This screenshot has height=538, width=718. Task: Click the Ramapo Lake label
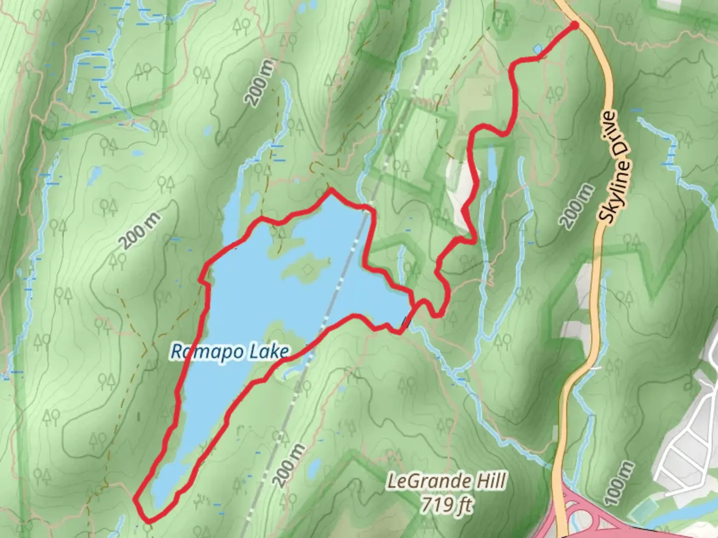(x=229, y=352)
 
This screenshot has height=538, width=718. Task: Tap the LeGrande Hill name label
(x=446, y=482)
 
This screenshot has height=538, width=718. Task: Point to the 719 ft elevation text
(x=446, y=505)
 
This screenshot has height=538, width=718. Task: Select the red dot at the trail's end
(x=574, y=25)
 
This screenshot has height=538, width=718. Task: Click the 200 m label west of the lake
(x=142, y=231)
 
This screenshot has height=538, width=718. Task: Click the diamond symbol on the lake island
(x=310, y=269)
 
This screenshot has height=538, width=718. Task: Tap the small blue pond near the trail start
(x=538, y=49)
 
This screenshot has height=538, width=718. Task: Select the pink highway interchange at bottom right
(x=588, y=513)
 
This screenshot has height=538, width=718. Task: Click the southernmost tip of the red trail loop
(x=148, y=521)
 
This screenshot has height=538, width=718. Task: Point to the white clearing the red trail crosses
(x=461, y=194)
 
